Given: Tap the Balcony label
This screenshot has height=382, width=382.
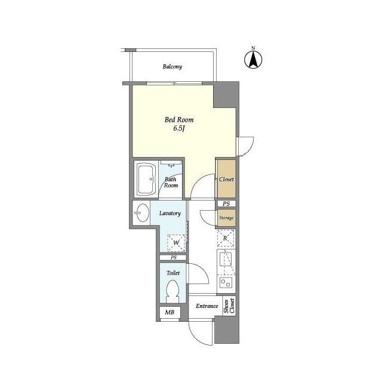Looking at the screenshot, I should (x=172, y=67).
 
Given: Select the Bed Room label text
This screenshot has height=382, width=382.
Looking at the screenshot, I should (x=179, y=119).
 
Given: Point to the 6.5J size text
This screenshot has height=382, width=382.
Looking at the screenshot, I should (x=179, y=128).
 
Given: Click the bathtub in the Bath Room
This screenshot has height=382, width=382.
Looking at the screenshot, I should (x=145, y=179).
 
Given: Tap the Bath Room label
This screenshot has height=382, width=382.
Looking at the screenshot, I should (x=171, y=182).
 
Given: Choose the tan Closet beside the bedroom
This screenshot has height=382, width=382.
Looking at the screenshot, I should (x=226, y=179).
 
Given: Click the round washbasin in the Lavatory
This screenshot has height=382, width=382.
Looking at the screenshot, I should (x=141, y=213).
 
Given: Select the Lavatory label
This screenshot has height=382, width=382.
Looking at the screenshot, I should (x=170, y=213).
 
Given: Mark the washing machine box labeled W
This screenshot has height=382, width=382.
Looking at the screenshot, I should (x=177, y=242).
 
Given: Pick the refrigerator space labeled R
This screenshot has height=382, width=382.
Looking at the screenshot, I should (x=225, y=239).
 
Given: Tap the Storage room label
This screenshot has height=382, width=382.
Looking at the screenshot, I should (x=226, y=218).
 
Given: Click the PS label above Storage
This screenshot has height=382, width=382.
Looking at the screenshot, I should (x=226, y=204).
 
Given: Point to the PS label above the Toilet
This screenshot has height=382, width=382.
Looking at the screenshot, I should (x=173, y=257).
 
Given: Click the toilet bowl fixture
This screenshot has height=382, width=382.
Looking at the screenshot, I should (x=172, y=292).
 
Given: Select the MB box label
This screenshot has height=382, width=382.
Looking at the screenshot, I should (x=169, y=312).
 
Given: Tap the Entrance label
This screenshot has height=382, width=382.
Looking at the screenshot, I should (x=207, y=306).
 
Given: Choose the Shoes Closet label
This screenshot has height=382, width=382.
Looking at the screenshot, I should (x=229, y=306).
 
